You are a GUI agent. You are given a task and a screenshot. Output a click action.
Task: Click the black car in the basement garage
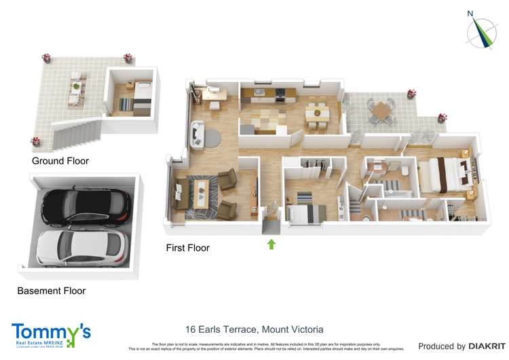(x=86, y=206)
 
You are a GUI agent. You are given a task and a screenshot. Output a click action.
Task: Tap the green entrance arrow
(x=271, y=244)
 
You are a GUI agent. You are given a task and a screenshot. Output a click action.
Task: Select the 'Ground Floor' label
(x=60, y=161)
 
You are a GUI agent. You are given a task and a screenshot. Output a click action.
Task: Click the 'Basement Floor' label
(x=52, y=291)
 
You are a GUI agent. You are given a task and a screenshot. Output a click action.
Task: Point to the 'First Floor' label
(x=188, y=248)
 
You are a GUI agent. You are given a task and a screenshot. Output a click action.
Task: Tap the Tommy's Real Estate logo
(x=51, y=336)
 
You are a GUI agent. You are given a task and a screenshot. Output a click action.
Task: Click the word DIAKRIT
(x=478, y=346)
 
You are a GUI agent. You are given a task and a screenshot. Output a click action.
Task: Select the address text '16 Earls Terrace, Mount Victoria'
(x=254, y=329)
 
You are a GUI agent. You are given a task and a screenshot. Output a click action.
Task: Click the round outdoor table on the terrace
(x=382, y=109)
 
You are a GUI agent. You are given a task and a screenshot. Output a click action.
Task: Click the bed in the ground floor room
(x=141, y=96)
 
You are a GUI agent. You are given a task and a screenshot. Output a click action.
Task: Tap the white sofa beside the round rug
(x=197, y=132)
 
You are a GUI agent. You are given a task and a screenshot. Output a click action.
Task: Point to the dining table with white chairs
(x=316, y=111)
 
